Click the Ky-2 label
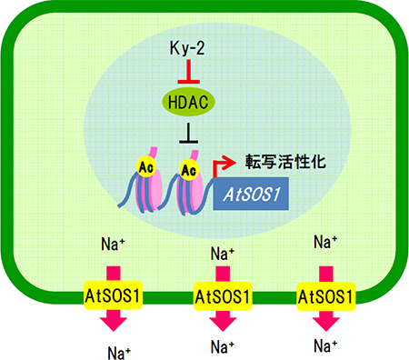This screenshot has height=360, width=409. point(189,46)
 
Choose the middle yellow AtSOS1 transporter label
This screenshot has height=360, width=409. point(222,295)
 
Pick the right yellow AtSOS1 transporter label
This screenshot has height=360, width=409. point(324,295)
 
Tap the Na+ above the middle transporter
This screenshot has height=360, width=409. point(223,254)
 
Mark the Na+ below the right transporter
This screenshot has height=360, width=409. point(325,345)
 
